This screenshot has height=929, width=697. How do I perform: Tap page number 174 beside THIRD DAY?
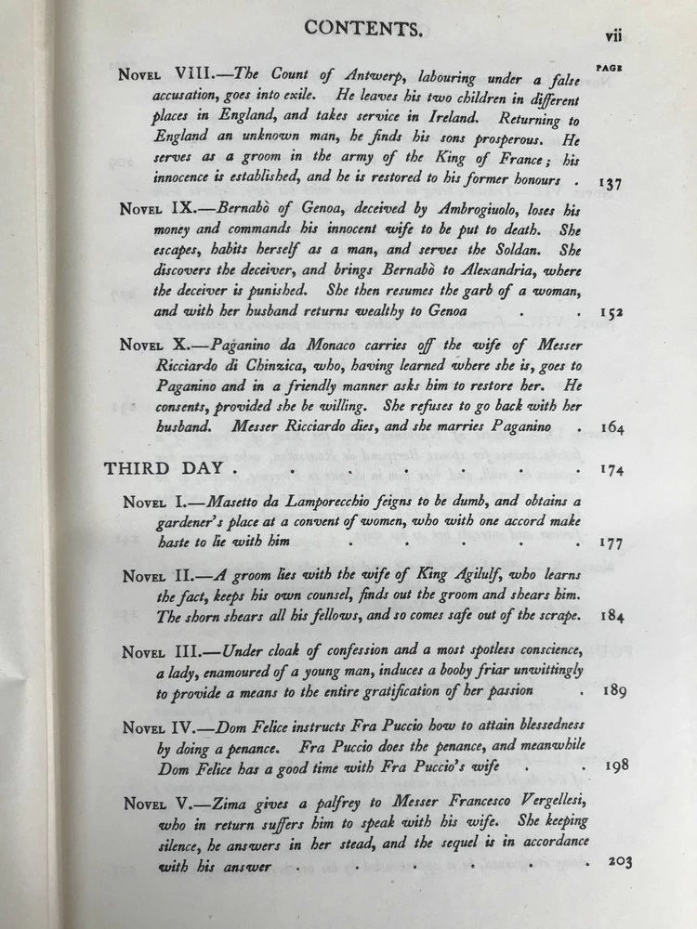pos(614,469)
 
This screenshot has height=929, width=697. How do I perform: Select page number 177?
pos(614,543)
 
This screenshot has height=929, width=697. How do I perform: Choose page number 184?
pos(616,616)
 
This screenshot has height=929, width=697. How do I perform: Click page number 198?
pos(618,766)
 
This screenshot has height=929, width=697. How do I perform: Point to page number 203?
pos(619,862)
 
